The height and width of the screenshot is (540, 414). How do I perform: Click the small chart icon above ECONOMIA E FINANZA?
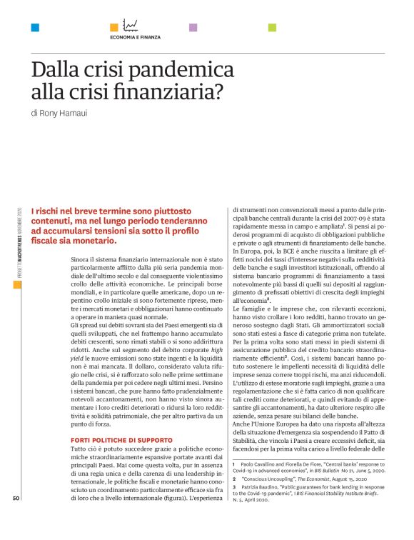(x=131, y=25)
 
